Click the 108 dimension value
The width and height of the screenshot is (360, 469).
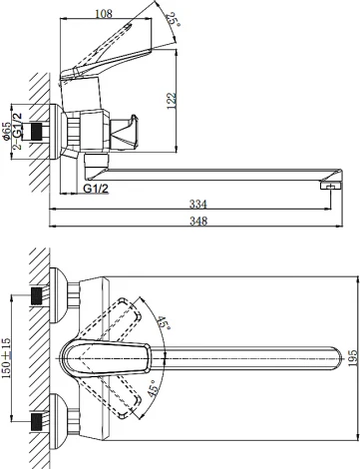[104, 14]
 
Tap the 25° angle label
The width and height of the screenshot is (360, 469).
[174, 20]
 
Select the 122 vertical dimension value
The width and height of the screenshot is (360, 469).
[172, 100]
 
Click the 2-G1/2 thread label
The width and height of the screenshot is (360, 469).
[17, 131]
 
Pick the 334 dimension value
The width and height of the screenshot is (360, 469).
[197, 204]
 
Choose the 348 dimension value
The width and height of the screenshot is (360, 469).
[198, 221]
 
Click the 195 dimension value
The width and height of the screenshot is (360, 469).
[353, 358]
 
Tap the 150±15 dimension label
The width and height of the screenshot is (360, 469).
[6, 358]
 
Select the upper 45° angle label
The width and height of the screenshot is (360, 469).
[163, 323]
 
